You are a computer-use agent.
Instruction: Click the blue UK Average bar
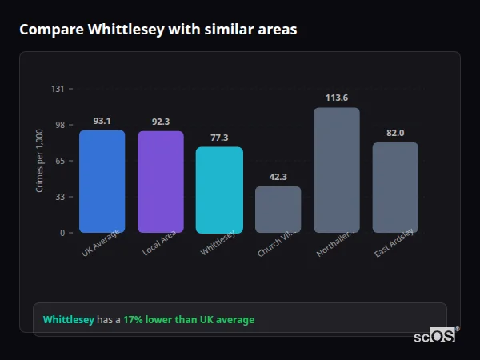tap(102, 182)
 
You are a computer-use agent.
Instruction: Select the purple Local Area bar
tap(161, 182)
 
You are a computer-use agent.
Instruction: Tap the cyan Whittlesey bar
tap(219, 190)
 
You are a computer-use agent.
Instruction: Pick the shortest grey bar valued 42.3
tap(278, 210)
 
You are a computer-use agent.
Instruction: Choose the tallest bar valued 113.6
tap(337, 170)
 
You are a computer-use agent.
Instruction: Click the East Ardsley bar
tap(395, 188)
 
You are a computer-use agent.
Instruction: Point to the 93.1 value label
tap(102, 121)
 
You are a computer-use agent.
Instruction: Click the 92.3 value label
tap(161, 122)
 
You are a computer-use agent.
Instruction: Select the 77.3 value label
tap(219, 138)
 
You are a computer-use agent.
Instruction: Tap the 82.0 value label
tap(395, 133)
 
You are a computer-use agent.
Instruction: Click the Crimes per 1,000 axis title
tap(39, 161)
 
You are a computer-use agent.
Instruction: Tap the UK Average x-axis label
tap(101, 243)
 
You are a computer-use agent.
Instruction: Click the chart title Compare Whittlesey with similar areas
tap(158, 30)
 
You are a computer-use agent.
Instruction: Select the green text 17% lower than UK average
tap(189, 320)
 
